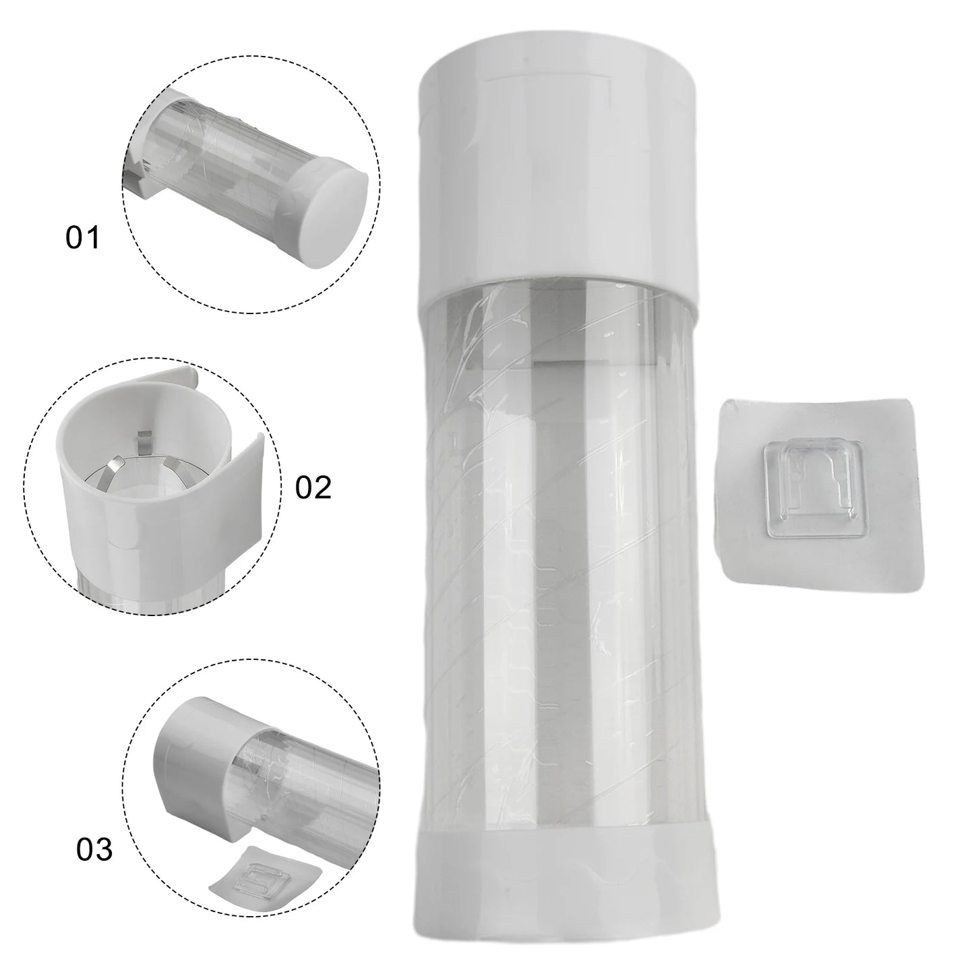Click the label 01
(x=82, y=239)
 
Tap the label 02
(x=313, y=487)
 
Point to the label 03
(x=94, y=850)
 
